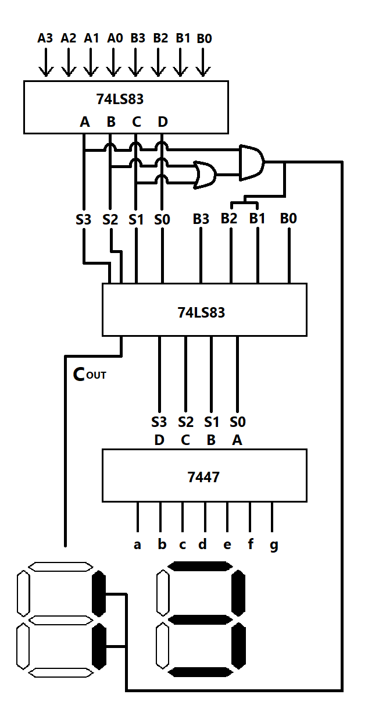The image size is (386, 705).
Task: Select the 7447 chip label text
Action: pos(203,478)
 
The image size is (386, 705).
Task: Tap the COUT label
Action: pos(89,375)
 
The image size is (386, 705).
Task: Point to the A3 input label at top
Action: pos(45,38)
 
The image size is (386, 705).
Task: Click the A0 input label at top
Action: pos(115,38)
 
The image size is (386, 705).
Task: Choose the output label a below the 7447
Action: pos(137,546)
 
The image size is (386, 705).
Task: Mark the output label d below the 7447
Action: pos(202,545)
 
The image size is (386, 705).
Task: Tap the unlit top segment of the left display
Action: pos(60,567)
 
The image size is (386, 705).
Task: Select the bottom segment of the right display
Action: pos(199,672)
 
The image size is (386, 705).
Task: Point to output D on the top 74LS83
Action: pos(163,122)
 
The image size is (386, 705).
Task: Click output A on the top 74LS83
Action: pos(85,122)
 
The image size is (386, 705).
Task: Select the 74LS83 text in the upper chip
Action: pos(120,99)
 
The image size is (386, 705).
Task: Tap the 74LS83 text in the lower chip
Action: pos(201,313)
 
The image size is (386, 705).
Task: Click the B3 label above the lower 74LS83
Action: pos(201,219)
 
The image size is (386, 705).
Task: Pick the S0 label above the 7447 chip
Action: pos(237,422)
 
